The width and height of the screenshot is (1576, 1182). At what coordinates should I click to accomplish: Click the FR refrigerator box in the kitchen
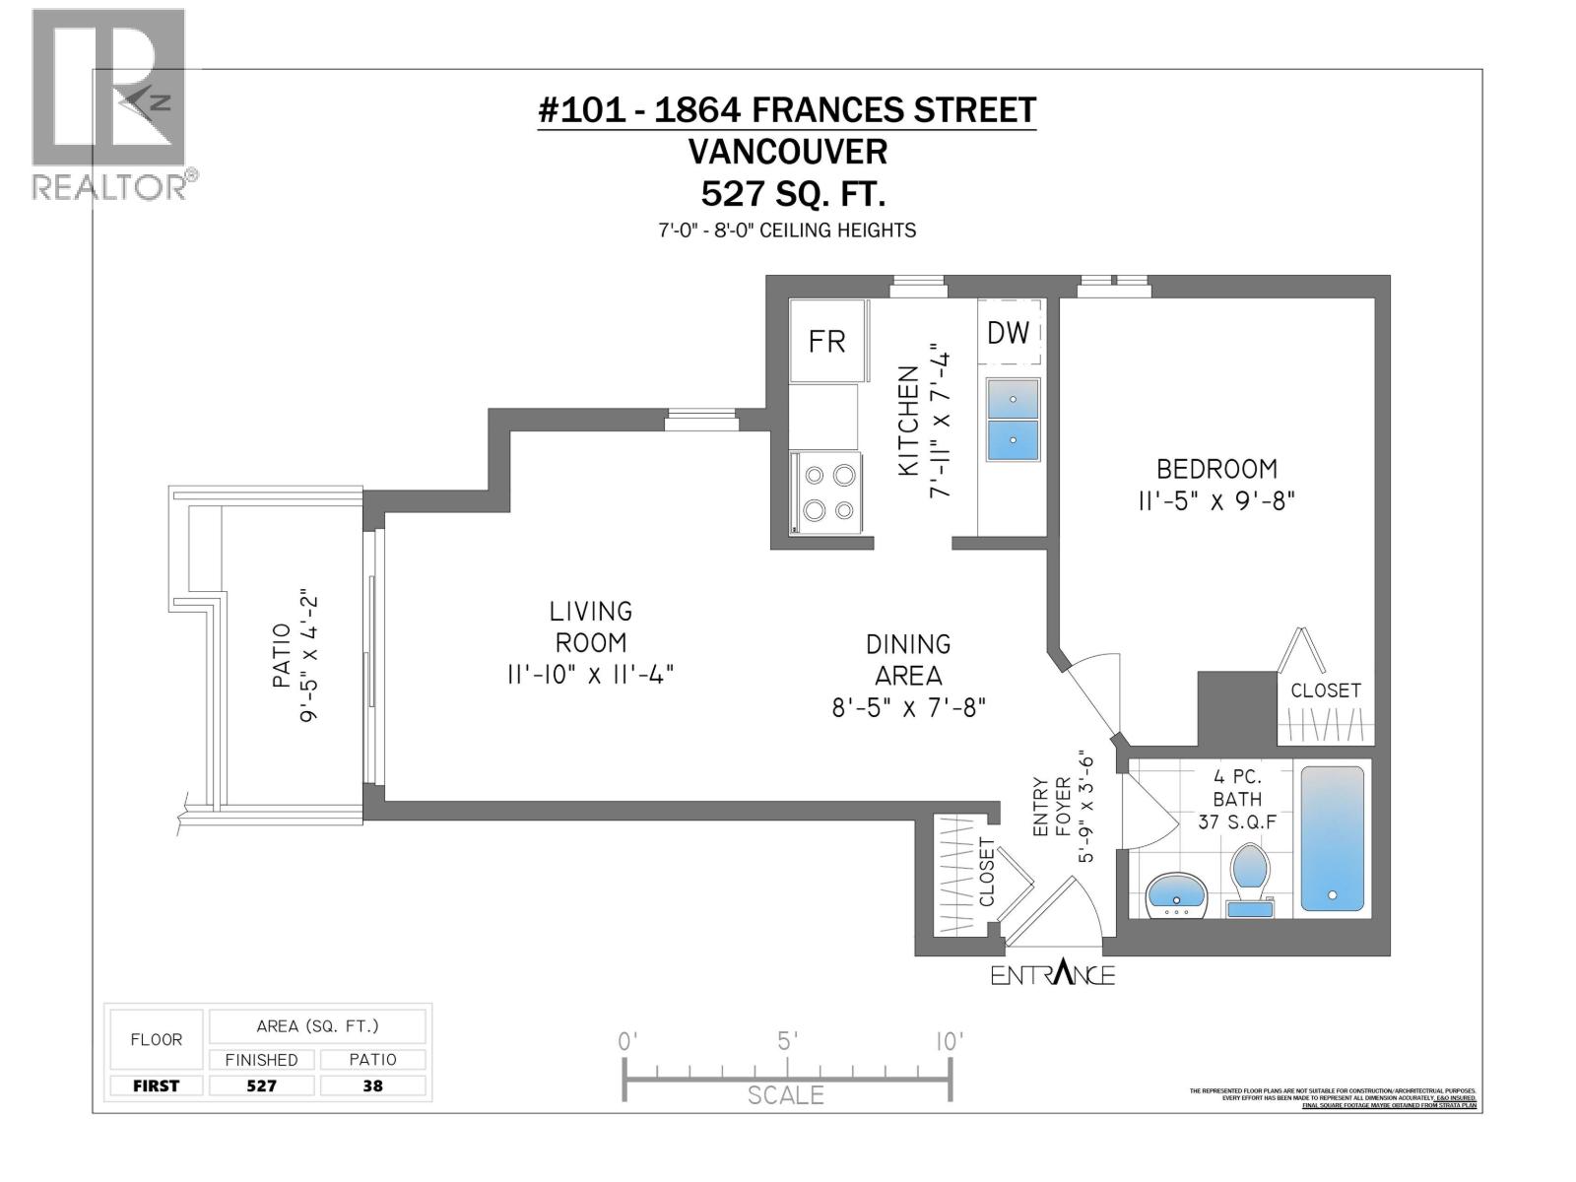(x=826, y=341)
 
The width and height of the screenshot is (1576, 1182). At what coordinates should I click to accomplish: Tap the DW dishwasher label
(x=1008, y=333)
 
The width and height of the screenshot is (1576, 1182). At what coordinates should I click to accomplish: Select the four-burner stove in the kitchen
(x=827, y=492)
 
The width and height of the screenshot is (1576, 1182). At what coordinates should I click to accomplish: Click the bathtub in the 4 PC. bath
(x=1332, y=838)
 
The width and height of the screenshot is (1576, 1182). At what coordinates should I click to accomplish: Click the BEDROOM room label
(x=1215, y=468)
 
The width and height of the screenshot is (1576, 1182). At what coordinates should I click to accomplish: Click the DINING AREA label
(x=907, y=659)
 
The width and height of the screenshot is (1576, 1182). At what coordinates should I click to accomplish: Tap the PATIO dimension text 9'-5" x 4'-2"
(x=310, y=658)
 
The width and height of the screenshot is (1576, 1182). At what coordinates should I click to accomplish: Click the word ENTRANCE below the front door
(x=1052, y=975)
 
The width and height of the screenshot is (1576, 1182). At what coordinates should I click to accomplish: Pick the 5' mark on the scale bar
(x=786, y=1041)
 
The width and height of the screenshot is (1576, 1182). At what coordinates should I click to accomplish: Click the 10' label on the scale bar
(x=949, y=1041)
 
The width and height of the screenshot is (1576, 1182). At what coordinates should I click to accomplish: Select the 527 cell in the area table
(x=261, y=1085)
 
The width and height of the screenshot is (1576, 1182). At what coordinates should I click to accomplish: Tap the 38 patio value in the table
(x=372, y=1085)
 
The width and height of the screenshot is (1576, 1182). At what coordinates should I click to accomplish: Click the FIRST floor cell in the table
(x=156, y=1085)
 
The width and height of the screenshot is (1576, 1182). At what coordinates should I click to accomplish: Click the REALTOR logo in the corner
(x=109, y=103)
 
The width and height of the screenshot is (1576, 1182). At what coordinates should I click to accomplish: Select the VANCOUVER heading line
(x=787, y=152)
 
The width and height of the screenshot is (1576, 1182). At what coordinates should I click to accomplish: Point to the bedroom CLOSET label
(x=1325, y=690)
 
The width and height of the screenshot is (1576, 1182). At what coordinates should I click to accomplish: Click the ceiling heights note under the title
(x=787, y=230)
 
